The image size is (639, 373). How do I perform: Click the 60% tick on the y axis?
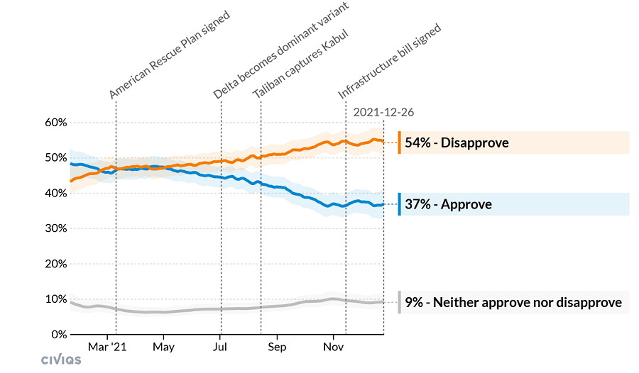point(57,123)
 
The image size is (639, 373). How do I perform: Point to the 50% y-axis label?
point(57,157)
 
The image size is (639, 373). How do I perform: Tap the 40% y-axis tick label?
point(57,193)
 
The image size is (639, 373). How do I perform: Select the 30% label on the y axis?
point(57,228)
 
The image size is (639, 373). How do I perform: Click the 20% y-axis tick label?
point(57,263)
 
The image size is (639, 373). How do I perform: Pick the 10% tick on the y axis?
point(57,299)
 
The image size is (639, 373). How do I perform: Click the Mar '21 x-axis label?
point(107,347)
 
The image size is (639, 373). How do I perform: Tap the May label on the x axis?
point(163,347)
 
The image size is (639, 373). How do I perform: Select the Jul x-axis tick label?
point(220,347)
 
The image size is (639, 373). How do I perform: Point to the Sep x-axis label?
point(277,347)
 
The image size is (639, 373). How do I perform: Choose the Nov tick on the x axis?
point(334,347)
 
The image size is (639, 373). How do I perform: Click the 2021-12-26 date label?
point(383,112)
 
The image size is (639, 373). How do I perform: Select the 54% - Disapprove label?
point(457,143)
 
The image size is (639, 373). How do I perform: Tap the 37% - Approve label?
point(448,204)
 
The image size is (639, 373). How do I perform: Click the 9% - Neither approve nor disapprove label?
point(513,303)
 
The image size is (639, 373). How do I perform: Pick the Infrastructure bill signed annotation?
point(389,61)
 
